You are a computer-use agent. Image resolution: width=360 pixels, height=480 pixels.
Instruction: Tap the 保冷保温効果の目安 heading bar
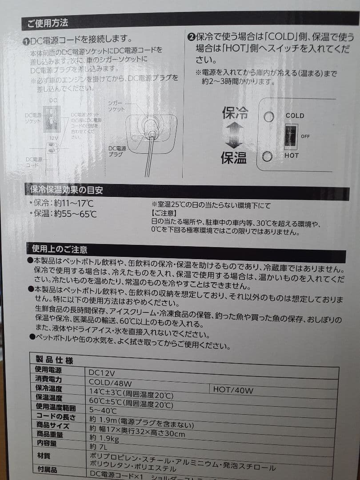point(67,190)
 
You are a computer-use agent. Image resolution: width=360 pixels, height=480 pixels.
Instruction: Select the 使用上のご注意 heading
point(60,249)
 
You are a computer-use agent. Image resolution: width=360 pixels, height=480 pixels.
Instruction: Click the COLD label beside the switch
point(295,116)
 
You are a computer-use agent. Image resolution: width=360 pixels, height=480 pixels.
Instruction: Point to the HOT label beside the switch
point(292,156)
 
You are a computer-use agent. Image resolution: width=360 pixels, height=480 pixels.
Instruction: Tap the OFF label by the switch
point(305,136)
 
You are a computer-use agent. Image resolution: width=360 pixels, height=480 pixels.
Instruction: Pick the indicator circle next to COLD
point(268,117)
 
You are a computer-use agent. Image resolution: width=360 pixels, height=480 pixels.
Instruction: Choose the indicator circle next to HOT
point(268,157)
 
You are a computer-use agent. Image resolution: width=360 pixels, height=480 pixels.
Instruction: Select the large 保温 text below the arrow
point(234,157)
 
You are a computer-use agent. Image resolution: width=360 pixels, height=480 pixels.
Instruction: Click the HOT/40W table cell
point(233,390)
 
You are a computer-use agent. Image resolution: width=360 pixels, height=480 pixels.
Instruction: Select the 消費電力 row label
point(49,379)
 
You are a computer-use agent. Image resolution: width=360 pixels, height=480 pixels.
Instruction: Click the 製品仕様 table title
point(55,360)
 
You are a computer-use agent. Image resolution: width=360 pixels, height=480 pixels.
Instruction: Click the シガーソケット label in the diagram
point(117,106)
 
